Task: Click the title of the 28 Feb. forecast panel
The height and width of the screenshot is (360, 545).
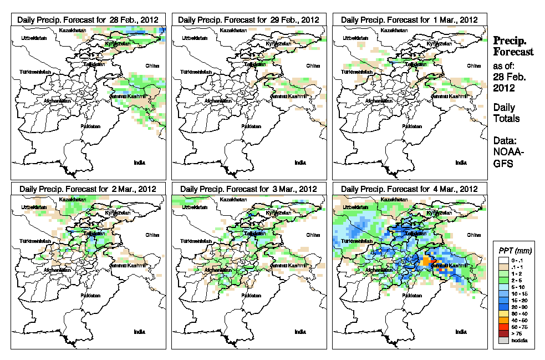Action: (88, 19)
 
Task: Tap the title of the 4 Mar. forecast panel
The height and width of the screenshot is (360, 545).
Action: (410, 189)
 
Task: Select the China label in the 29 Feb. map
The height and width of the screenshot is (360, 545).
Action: (312, 65)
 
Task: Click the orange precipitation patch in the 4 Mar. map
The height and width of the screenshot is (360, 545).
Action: (427, 260)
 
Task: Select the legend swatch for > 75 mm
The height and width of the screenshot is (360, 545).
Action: (503, 334)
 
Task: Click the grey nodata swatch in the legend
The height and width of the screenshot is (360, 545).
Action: (503, 341)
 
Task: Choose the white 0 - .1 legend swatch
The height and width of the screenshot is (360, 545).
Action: (503, 260)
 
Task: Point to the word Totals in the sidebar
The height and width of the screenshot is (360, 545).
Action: (506, 119)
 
